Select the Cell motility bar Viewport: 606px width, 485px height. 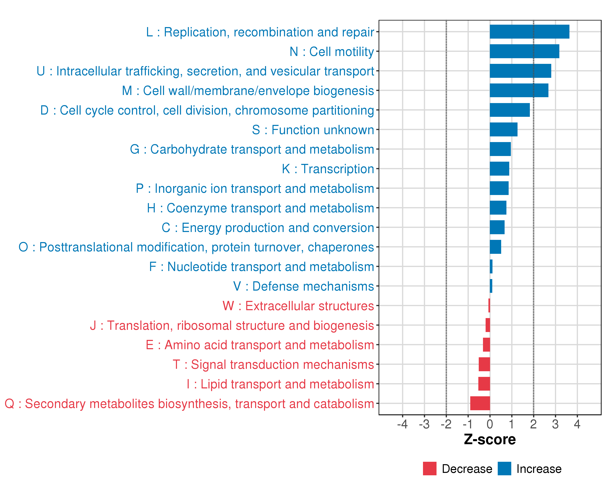point(524,51)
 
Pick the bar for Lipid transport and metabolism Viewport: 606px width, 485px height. point(484,384)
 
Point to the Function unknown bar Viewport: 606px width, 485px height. point(503,129)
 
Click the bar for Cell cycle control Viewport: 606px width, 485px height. point(510,110)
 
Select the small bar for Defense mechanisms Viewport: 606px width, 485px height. point(491,286)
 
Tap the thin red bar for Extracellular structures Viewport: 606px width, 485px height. point(489,305)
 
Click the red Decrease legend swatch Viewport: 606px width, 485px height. point(429,468)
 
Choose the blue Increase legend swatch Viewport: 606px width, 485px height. point(504,468)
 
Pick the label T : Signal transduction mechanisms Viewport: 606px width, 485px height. point(273,364)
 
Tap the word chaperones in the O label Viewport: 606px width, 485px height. point(341,247)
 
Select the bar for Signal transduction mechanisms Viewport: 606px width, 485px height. point(484,364)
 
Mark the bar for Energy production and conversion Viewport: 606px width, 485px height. point(497,227)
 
